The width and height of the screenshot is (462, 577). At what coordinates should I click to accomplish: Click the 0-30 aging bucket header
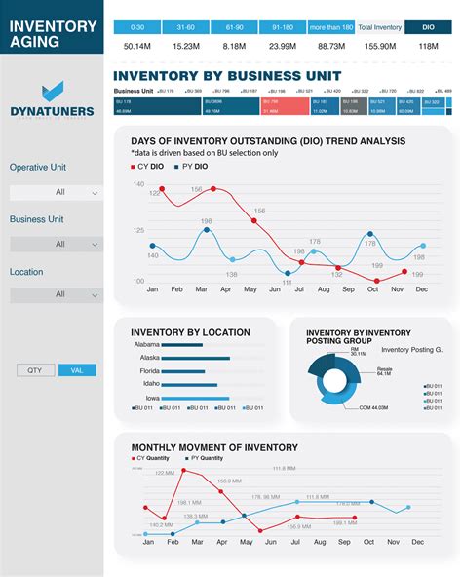[x=136, y=28]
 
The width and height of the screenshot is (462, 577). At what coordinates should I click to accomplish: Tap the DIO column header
[x=428, y=28]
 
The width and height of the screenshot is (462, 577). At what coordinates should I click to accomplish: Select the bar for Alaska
[x=195, y=358]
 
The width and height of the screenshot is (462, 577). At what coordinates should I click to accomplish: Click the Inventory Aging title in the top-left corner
[x=54, y=34]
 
